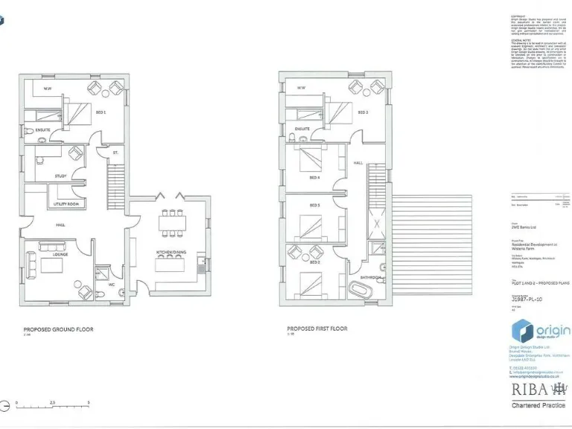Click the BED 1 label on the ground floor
pyautogui.click(x=100, y=112)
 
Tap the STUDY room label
pyautogui.click(x=60, y=176)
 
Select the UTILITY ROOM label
pyautogui.click(x=66, y=203)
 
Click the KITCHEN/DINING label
pyautogui.click(x=171, y=252)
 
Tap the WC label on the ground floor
pyautogui.click(x=110, y=284)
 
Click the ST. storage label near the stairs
pyautogui.click(x=115, y=153)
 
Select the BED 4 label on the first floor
pyautogui.click(x=314, y=177)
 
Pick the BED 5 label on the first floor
pyautogui.click(x=314, y=205)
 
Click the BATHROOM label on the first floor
pyautogui.click(x=371, y=277)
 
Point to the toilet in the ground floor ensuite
pyautogui.click(x=29, y=132)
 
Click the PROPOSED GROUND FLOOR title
pyautogui.click(x=58, y=328)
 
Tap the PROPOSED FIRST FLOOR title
pyautogui.click(x=317, y=328)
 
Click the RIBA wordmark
pyautogui.click(x=530, y=389)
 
